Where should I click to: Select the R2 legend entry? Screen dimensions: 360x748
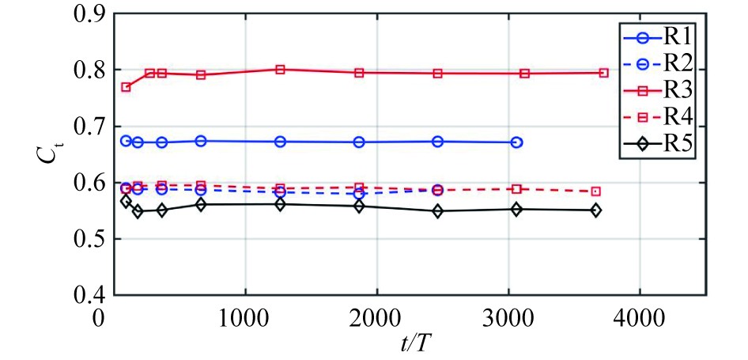(x=653, y=63)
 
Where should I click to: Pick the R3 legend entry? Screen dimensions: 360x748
(x=653, y=90)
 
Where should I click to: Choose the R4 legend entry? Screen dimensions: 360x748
(x=653, y=117)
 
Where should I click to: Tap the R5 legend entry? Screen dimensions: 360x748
(x=653, y=145)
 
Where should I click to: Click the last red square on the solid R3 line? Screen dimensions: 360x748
(x=603, y=73)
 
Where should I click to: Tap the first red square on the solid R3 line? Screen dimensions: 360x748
(x=126, y=87)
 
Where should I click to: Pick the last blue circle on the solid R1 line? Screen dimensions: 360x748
(x=516, y=142)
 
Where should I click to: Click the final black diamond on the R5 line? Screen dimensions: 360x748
(x=595, y=210)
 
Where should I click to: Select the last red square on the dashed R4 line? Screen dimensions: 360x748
(x=595, y=191)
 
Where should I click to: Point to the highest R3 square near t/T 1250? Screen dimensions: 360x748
(x=280, y=70)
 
